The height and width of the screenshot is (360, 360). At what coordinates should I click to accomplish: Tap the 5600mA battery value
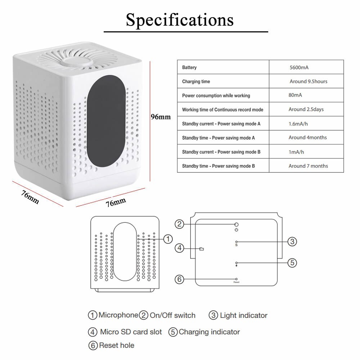[299, 67]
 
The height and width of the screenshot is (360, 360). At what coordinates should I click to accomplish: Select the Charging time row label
[196, 82]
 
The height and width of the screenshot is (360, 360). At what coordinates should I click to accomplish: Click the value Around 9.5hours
[308, 81]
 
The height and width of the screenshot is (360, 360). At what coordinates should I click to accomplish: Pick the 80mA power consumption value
[295, 95]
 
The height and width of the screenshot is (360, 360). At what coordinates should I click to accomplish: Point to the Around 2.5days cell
[306, 109]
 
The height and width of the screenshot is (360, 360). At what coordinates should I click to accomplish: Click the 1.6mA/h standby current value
[298, 123]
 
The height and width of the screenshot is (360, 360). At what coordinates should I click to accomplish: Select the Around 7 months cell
[308, 166]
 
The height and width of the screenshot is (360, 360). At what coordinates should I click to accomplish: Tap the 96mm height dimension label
[161, 117]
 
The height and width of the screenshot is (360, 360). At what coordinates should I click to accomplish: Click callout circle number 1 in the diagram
[168, 238]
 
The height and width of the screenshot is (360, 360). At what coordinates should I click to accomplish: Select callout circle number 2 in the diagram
[180, 224]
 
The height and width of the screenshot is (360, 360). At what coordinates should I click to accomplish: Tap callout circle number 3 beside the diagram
[292, 242]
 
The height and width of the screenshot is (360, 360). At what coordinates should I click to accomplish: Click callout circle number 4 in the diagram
[180, 248]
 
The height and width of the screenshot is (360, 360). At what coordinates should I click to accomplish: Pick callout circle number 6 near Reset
[180, 279]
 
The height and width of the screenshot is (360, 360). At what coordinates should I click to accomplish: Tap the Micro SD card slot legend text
[131, 332]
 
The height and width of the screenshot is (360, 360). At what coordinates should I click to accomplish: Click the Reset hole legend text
[116, 345]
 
